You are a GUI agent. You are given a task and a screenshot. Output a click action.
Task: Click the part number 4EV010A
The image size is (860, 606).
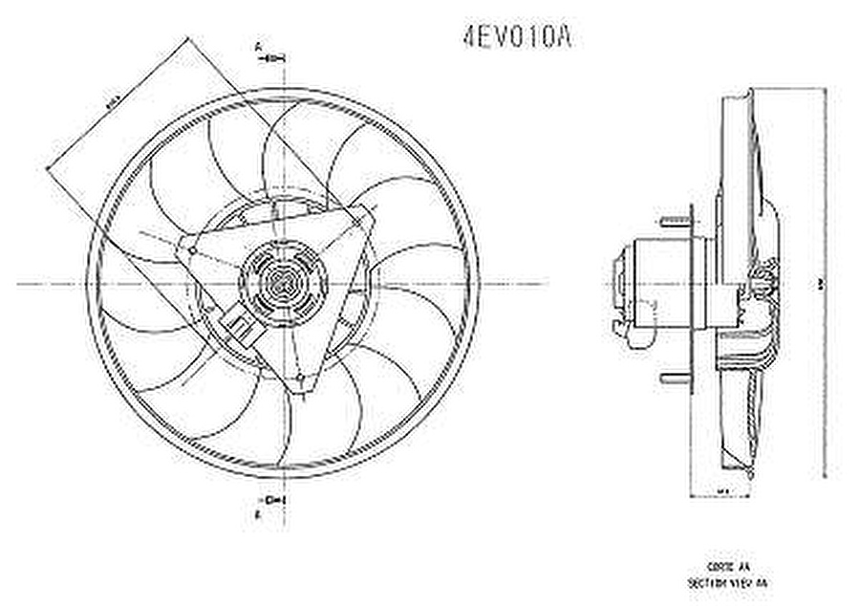pos(517,37)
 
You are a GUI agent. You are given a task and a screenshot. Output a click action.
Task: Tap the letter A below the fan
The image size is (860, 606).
pos(258,516)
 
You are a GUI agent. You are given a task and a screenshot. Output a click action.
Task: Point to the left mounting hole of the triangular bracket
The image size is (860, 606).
pos(192,250)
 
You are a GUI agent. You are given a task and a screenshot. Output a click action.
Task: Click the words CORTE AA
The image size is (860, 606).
pos(727,566)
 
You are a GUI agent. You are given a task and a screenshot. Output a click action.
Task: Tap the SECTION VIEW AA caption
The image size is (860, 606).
pos(727,581)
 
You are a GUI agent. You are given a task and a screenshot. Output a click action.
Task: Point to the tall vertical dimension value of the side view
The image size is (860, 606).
pos(820,283)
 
